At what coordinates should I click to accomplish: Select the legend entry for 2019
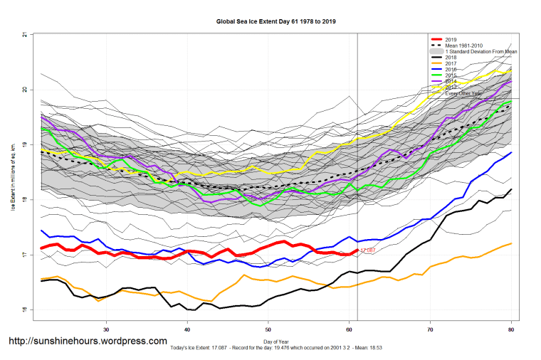point(451,39)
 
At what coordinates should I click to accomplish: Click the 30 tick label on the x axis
point(106,329)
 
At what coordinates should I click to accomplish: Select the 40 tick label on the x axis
point(187,329)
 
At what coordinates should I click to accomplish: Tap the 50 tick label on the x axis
point(268,329)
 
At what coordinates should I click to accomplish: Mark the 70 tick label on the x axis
point(431,329)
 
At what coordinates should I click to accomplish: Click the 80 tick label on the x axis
point(512,329)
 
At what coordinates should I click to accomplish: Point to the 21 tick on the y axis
point(24,35)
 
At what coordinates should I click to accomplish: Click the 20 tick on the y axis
point(24,90)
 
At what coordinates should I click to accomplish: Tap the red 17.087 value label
point(368,250)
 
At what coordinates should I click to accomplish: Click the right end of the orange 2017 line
point(511,243)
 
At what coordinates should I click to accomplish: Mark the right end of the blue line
point(511,152)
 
